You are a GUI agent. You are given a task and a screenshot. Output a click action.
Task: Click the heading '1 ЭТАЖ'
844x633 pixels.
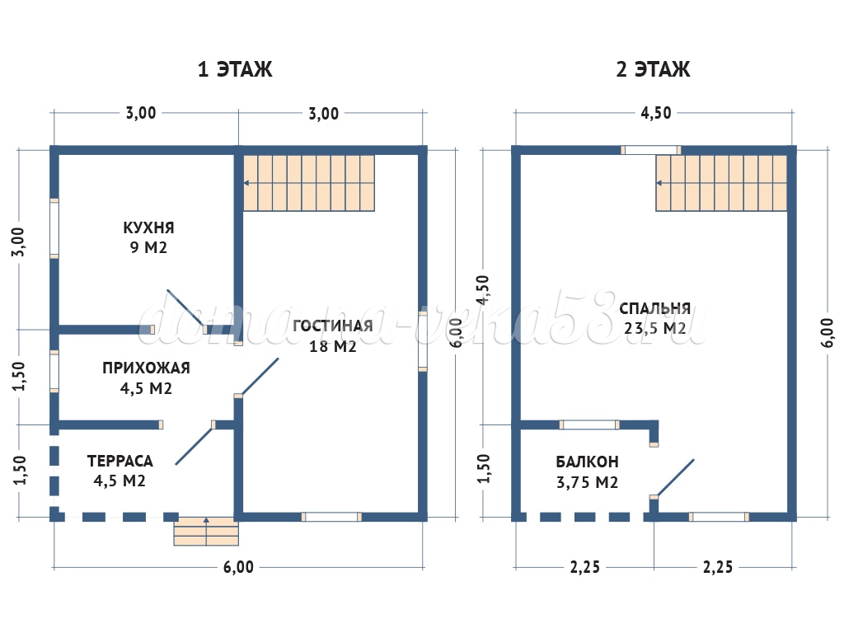235,69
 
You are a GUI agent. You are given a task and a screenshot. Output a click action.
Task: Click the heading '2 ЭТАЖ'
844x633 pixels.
653,69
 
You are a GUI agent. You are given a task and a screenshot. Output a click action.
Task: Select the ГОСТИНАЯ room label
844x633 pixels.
332,326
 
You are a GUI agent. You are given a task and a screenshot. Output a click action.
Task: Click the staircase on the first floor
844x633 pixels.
309,182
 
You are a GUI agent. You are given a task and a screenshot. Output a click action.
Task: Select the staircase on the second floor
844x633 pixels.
720,182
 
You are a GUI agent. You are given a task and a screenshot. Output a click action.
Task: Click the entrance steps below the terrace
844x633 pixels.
205,532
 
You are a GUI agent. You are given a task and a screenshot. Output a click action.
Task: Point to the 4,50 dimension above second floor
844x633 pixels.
655,114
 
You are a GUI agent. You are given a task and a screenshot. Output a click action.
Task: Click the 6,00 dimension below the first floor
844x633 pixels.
239,566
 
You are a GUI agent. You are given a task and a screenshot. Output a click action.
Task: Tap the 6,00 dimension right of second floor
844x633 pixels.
828,333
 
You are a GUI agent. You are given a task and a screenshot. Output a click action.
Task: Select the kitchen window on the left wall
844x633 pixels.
54,227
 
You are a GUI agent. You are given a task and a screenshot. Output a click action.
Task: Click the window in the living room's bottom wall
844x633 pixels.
331,517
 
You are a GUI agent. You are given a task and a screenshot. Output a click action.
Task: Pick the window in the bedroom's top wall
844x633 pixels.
650,150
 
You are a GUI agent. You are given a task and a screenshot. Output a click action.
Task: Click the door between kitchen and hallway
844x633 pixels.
185,307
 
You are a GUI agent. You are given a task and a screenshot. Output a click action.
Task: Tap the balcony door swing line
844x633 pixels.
674,477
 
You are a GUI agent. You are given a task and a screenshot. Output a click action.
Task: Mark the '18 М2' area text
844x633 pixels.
332,346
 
